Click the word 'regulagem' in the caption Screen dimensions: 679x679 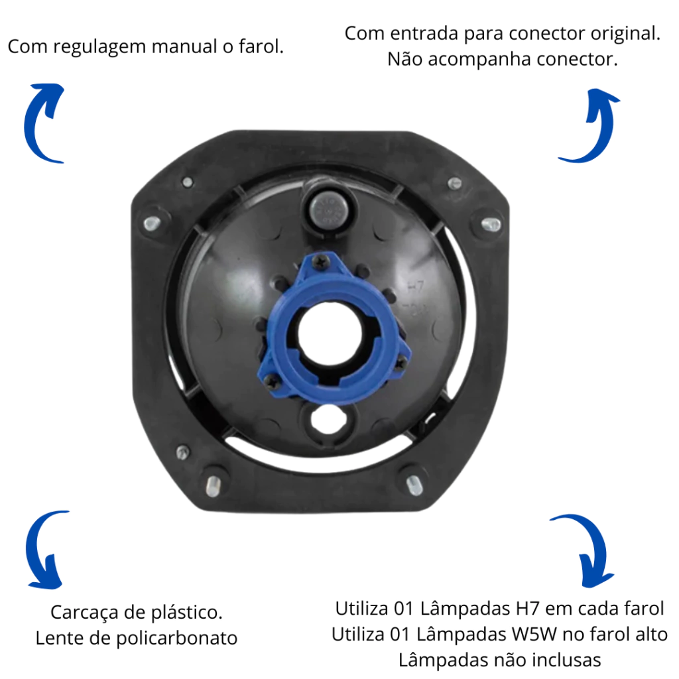(x=99, y=47)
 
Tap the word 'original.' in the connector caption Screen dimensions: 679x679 (x=625, y=34)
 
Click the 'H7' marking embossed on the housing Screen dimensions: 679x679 (x=415, y=286)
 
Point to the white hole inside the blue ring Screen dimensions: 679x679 (x=329, y=334)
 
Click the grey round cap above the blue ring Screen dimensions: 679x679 (x=329, y=209)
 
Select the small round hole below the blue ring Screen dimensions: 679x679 (x=328, y=419)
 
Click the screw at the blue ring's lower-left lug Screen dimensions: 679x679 (x=272, y=381)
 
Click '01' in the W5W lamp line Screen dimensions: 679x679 (x=400, y=635)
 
